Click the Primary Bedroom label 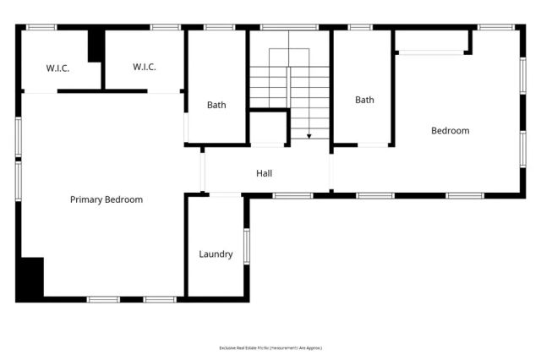106,200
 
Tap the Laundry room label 216,254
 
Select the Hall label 264,173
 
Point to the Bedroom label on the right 450,131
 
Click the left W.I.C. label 35,68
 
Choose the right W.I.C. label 145,68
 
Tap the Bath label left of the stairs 216,106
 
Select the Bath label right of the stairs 364,100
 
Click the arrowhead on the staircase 309,135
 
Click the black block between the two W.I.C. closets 96,45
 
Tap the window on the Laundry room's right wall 246,246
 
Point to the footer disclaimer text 270,347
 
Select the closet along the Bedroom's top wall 431,41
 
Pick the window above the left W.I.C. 41,27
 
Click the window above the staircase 289,27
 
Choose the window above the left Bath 219,27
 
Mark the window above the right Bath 360,27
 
